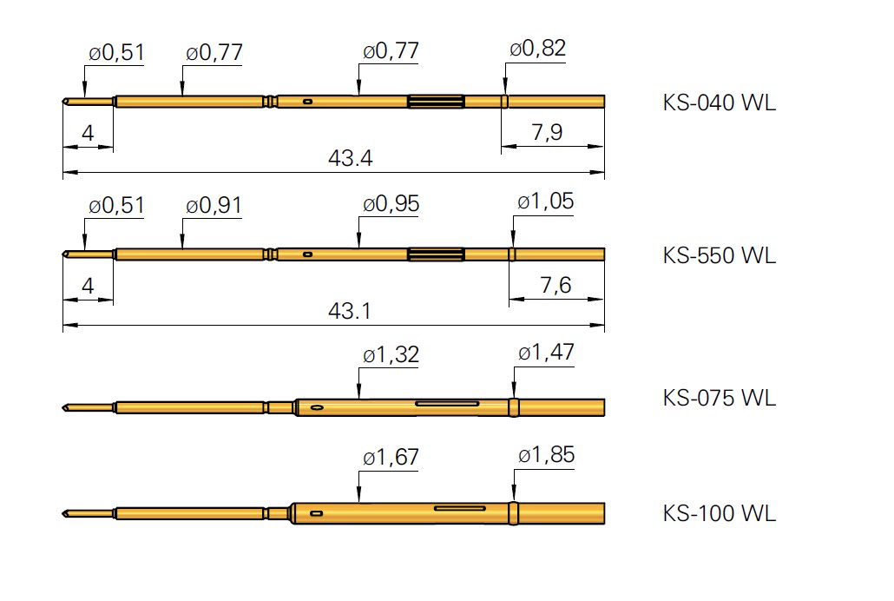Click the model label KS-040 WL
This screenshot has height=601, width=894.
point(719,102)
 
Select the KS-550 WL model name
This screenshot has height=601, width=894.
point(719,255)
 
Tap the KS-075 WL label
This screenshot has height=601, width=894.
point(719,398)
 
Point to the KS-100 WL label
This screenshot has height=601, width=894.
point(719,513)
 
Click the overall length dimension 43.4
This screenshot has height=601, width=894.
point(350,157)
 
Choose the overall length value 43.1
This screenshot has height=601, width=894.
point(350,311)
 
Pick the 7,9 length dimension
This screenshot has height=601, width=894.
point(548,132)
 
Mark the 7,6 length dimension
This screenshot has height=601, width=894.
point(555,285)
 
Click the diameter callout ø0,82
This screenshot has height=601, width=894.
point(537,49)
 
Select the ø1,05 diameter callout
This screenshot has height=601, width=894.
point(546,201)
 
